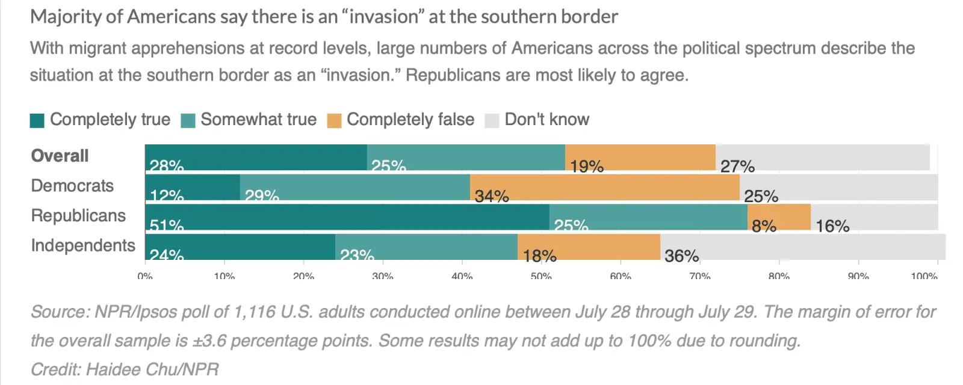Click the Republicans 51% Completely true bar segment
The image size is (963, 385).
(347, 217)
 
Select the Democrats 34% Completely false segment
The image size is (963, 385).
(604, 187)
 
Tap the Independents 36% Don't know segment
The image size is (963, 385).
(802, 247)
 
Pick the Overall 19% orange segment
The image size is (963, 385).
(640, 158)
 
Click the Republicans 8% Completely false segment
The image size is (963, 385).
(779, 217)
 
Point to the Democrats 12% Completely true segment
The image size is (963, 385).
(192, 187)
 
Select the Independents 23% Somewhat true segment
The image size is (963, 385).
(426, 247)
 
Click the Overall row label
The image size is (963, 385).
(60, 156)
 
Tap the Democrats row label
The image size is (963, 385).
(72, 185)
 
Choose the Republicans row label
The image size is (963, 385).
(78, 215)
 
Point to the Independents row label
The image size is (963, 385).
(83, 245)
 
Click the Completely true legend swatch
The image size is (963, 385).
(37, 120)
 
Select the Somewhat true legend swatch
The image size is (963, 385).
(188, 120)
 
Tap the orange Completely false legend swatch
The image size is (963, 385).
(334, 120)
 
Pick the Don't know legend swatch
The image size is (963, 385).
(492, 120)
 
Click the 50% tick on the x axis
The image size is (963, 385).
(541, 276)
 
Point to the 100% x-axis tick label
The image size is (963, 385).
(924, 276)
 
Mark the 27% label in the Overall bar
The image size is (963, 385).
(737, 166)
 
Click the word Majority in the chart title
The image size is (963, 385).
(66, 17)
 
